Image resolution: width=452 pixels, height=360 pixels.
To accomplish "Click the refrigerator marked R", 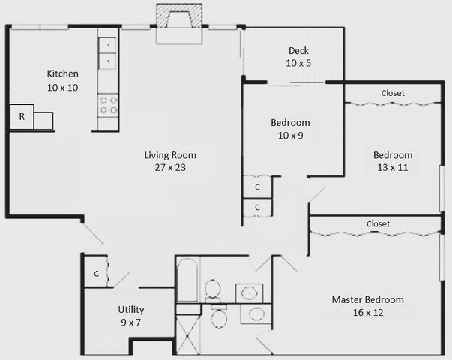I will pos(22,117).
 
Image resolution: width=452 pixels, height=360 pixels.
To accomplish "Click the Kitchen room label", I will pos(63,73).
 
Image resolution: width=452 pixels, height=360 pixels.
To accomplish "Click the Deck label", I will pos(299,51).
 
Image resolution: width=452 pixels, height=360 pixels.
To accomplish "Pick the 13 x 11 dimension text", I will pos(393,168).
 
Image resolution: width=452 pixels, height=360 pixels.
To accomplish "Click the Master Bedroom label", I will pos(367,300).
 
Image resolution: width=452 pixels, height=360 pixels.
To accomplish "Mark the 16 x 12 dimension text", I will pos(367,313).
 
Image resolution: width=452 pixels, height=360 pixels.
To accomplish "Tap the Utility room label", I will pos(131,309).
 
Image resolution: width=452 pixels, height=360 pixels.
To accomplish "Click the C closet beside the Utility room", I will pos(96,274).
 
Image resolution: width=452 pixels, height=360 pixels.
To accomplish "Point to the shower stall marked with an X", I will pos(188,333).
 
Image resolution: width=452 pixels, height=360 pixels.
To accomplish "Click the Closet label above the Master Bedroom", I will pos(378,223).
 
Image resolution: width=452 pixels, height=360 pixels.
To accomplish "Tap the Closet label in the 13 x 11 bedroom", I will pos(393,93).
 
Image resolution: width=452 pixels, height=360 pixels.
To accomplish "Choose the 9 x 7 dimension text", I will pos(131,322).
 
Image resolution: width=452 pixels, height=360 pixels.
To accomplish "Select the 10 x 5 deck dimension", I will pos(299,64).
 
